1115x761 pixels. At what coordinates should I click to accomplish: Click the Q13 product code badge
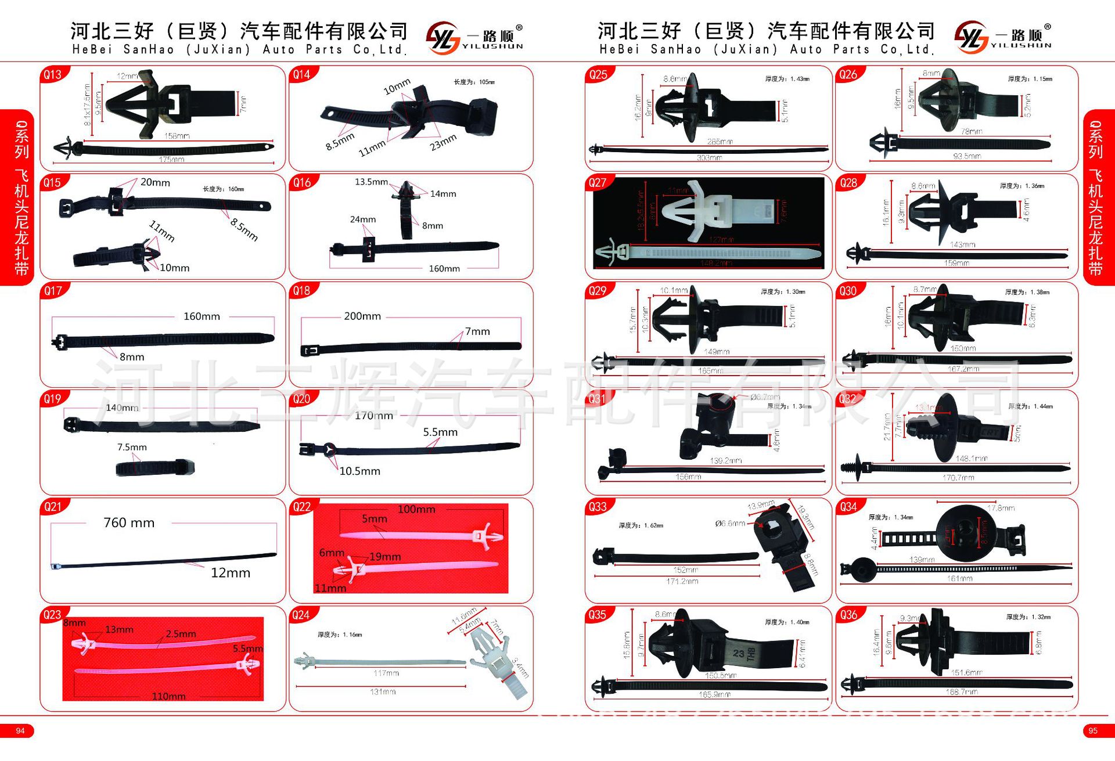pyautogui.click(x=53, y=74)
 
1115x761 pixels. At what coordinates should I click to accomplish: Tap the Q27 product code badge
pyautogui.click(x=598, y=183)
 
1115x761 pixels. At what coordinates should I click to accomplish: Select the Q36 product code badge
pyautogui.click(x=848, y=615)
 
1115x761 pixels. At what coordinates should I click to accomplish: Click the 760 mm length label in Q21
pyautogui.click(x=129, y=522)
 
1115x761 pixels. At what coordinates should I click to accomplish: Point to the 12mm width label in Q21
pyautogui.click(x=231, y=572)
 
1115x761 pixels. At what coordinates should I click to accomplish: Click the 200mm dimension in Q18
pyautogui.click(x=362, y=316)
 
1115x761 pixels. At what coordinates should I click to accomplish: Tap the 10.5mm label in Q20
pyautogui.click(x=359, y=471)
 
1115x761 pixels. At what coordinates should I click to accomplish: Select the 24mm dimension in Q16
pyautogui.click(x=362, y=219)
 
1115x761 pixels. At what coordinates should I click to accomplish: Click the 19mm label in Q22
pyautogui.click(x=385, y=557)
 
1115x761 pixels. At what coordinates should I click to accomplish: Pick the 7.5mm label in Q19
pyautogui.click(x=132, y=447)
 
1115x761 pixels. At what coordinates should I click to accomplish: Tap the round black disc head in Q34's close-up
pyautogui.click(x=964, y=531)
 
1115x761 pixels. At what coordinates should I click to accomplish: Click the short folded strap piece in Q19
pyautogui.click(x=154, y=467)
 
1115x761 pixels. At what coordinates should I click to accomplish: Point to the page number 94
pyautogui.click(x=20, y=731)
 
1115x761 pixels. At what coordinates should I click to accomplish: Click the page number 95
pyautogui.click(x=1093, y=731)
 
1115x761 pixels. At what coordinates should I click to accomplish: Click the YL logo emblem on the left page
pyautogui.click(x=443, y=38)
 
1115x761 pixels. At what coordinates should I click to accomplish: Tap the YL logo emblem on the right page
pyautogui.click(x=970, y=37)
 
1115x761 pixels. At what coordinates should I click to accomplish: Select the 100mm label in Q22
pyautogui.click(x=416, y=510)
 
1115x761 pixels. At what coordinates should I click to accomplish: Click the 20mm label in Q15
pyautogui.click(x=155, y=182)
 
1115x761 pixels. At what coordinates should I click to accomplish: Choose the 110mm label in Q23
pyautogui.click(x=168, y=695)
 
